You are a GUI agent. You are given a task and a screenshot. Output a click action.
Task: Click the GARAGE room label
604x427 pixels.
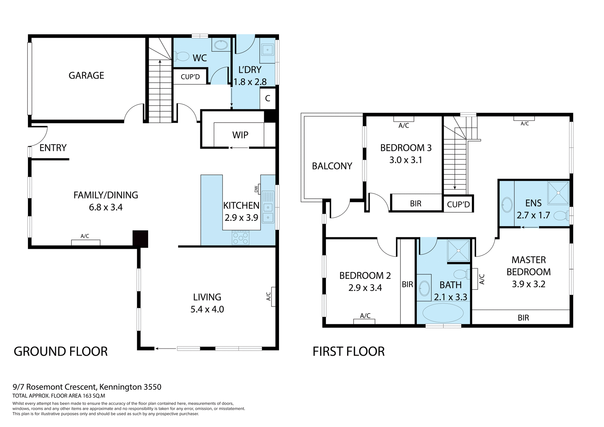coord(86,75)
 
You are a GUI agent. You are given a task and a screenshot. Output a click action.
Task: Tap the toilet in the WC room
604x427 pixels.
coord(182,57)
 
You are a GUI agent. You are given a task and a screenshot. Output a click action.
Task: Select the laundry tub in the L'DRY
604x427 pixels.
coord(267,50)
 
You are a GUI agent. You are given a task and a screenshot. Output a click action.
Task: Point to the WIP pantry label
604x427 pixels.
coord(240,135)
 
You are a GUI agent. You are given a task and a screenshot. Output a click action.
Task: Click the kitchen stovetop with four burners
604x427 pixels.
coord(240,238)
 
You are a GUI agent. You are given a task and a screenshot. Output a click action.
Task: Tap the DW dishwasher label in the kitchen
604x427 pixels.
coord(256,189)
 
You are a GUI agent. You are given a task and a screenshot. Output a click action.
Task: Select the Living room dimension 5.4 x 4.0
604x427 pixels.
coord(207,309)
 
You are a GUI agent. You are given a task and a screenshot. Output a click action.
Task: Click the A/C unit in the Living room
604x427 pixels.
coord(273,297)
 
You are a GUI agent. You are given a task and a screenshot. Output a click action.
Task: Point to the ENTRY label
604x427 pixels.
coord(53,148)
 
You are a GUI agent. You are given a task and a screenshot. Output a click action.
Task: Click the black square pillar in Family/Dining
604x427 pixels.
coord(140,239)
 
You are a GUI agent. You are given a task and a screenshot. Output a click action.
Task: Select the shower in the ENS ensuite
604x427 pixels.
coord(558,193)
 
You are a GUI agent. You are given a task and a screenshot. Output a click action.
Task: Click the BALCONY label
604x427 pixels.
coord(332,166)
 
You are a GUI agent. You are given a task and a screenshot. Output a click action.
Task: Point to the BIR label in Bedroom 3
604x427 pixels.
coord(415,204)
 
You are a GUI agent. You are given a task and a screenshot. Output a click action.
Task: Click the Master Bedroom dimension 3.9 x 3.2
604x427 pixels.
coord(528,284)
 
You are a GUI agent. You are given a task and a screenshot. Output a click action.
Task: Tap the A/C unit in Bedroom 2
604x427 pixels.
coord(364,321)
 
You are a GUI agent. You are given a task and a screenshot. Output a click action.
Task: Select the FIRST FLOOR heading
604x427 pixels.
coord(348,352)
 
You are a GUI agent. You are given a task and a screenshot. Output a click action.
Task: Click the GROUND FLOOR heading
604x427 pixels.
coord(60,352)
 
